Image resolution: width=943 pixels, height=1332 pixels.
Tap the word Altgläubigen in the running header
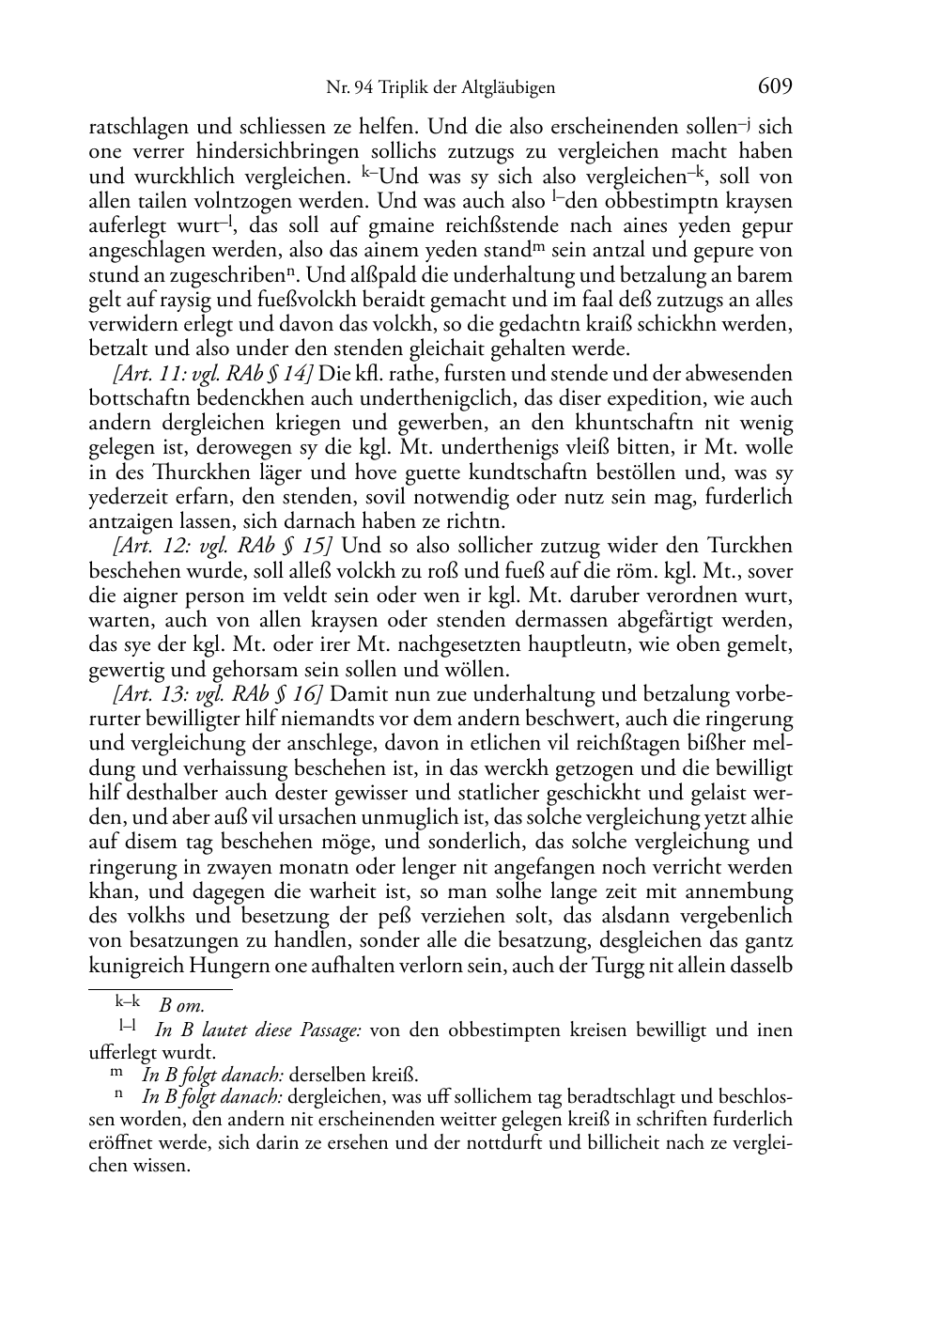coord(508,88)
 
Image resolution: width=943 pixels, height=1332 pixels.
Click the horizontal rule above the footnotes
coord(160,989)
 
